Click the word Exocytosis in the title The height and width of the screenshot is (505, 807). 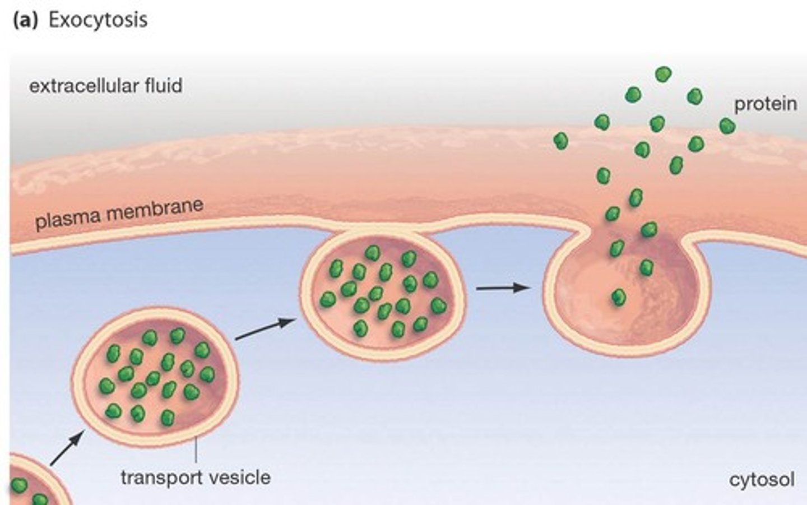[x=98, y=20]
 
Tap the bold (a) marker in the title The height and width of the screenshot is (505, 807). [x=25, y=20]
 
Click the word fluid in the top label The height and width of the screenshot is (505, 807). [x=162, y=86]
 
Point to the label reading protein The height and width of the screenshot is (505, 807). [x=766, y=104]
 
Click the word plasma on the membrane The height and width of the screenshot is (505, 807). [x=67, y=219]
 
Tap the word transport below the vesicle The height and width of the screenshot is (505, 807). [x=161, y=478]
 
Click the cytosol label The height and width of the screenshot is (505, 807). [x=762, y=480]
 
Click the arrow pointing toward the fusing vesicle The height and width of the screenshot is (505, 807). [x=502, y=288]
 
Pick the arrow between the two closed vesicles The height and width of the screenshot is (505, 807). [x=265, y=330]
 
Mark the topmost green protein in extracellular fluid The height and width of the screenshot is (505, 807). [x=664, y=74]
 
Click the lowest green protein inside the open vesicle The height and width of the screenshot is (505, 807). [x=618, y=297]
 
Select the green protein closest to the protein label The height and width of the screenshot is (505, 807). [x=727, y=126]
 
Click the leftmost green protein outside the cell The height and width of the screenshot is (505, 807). [x=560, y=141]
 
